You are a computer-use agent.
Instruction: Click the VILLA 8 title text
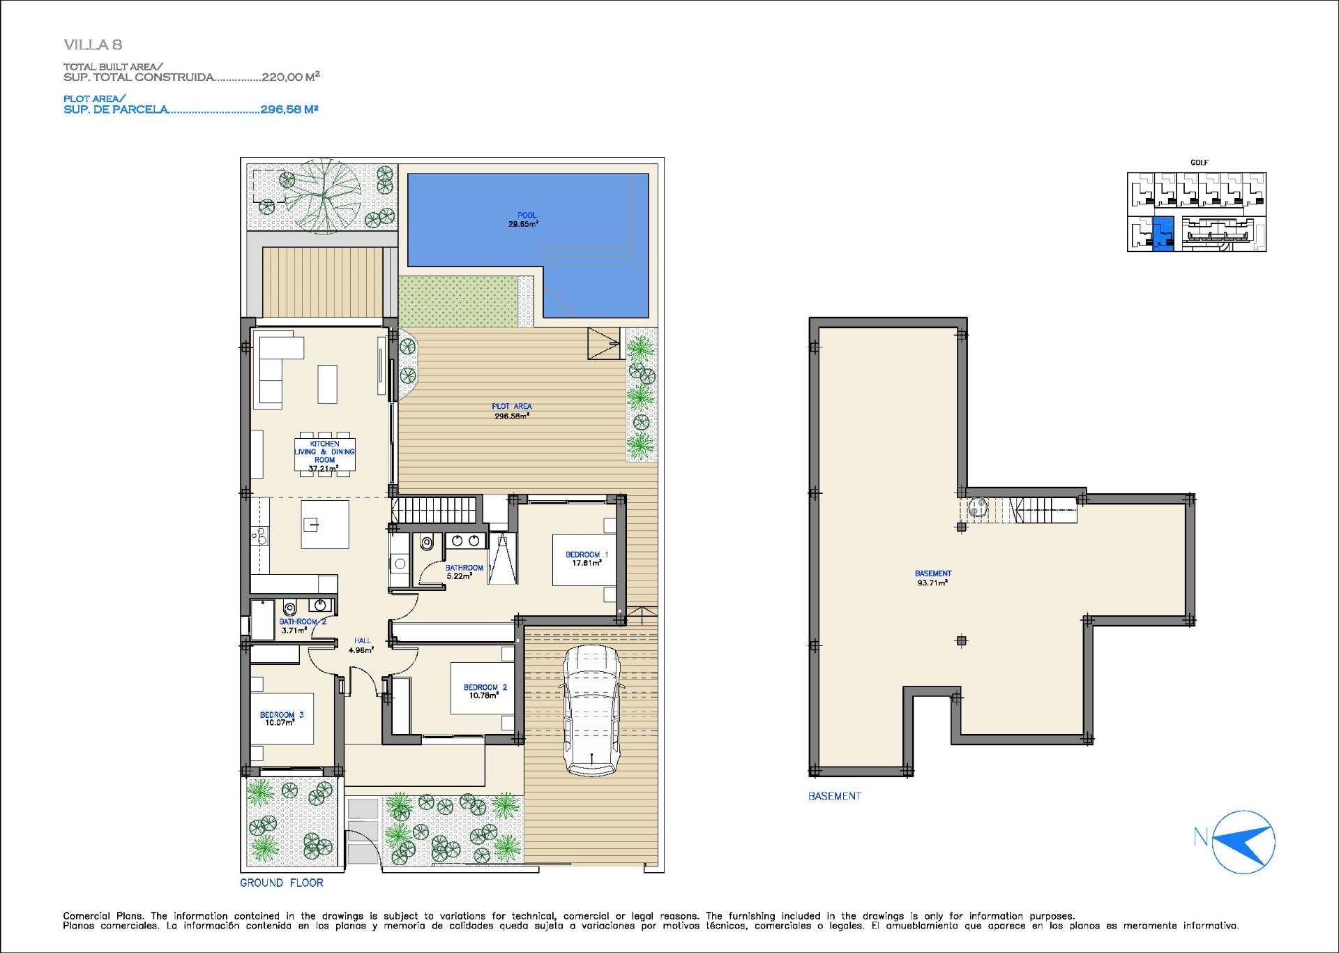pos(93,45)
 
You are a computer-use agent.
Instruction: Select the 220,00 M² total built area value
pos(290,77)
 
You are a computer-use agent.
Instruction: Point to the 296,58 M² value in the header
pos(289,110)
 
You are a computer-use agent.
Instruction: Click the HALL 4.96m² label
pos(362,645)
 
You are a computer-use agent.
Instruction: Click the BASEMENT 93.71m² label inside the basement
pos(932,578)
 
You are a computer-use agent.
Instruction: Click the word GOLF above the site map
pos(1199,163)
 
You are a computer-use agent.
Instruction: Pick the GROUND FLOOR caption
pos(282,883)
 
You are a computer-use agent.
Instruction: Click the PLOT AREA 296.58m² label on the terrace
pos(511,411)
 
